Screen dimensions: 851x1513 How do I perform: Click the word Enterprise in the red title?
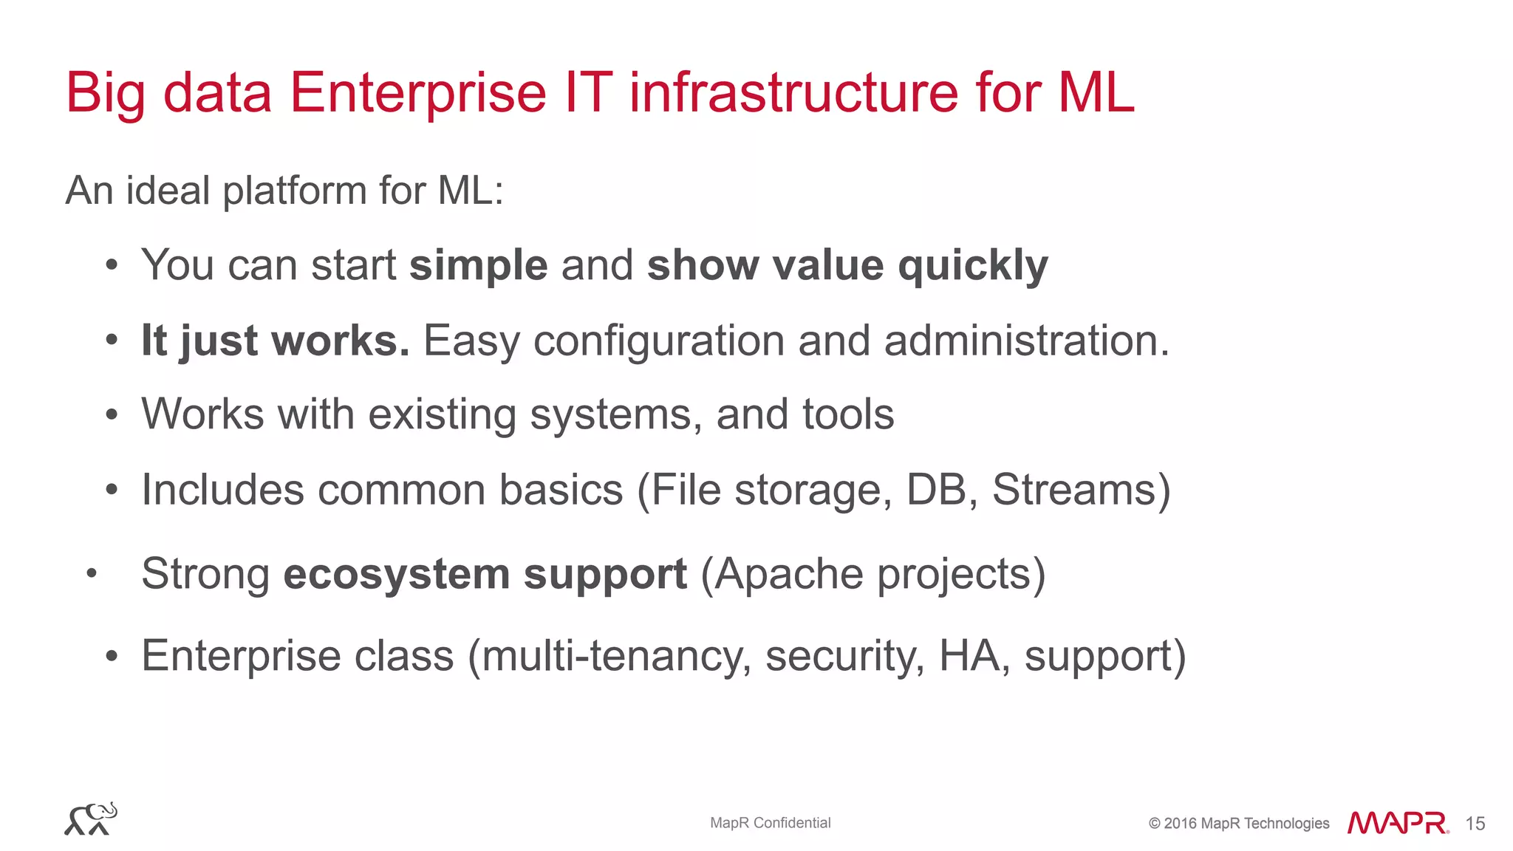[417, 93]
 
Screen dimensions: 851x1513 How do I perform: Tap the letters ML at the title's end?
[1096, 93]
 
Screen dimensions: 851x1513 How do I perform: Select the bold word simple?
[478, 265]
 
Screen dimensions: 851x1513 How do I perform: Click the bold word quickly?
[973, 265]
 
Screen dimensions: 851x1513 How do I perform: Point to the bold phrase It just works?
[275, 341]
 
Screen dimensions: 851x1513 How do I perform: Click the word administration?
[1026, 341]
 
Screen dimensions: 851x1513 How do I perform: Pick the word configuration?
[658, 341]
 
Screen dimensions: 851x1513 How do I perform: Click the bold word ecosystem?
[396, 574]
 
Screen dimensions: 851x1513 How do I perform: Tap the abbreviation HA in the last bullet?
[969, 656]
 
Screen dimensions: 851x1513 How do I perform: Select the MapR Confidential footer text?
[770, 823]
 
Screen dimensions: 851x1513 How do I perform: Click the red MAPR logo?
[1397, 823]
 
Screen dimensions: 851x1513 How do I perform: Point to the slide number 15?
[1475, 824]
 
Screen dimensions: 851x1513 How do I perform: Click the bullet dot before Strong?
[92, 573]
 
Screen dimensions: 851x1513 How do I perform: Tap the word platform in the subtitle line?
[294, 191]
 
